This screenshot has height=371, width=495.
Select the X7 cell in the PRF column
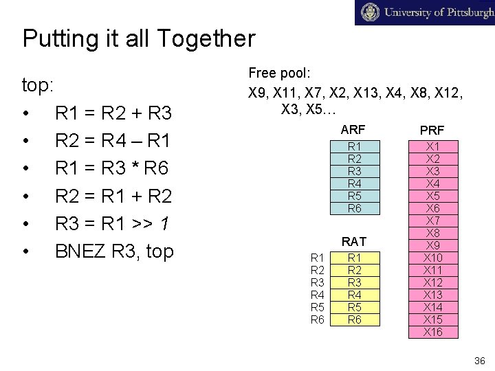coord(433,221)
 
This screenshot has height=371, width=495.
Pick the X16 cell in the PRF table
coord(433,333)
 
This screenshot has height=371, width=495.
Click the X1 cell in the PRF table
coord(433,146)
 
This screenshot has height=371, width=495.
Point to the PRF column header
coord(432,129)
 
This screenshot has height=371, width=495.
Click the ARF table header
coord(353,129)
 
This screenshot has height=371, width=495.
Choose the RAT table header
coord(353,242)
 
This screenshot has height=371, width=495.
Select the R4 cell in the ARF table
coord(355,183)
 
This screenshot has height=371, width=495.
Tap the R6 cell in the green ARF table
coord(355,208)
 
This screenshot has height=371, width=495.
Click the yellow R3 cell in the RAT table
coord(355,282)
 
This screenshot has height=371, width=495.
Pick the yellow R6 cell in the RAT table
coord(355,319)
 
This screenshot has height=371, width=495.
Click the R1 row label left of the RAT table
coord(318,258)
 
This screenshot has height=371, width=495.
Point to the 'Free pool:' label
coord(279,73)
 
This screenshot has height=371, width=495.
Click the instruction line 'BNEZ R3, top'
coord(113,252)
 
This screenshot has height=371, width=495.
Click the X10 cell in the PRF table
coord(433,258)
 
